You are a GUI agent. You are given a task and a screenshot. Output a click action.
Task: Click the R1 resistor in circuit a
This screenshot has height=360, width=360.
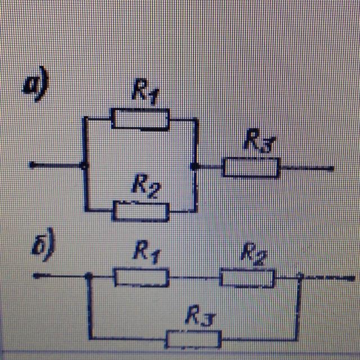[140, 119]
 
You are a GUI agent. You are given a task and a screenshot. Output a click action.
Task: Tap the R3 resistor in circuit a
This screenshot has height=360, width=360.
[251, 167]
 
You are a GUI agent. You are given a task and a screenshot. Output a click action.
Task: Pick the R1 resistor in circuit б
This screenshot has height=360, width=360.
[141, 277]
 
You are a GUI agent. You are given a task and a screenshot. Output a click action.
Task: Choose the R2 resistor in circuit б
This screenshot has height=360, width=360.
[247, 277]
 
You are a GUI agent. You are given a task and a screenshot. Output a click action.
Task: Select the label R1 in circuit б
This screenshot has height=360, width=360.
[145, 253]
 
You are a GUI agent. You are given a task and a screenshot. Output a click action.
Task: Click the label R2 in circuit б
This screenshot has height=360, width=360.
[253, 253]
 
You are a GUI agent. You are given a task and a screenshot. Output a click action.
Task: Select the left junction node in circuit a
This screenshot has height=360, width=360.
[84, 165]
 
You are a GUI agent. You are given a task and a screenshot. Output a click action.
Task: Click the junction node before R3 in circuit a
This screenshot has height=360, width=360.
[195, 166]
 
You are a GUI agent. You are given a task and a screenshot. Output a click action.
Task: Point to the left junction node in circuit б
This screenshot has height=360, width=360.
[88, 276]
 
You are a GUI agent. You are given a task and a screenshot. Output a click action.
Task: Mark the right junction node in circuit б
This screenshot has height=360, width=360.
[299, 276]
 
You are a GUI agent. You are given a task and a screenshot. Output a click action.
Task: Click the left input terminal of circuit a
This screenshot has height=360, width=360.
[32, 165]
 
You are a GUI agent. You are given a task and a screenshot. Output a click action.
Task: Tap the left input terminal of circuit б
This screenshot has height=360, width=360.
[35, 276]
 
